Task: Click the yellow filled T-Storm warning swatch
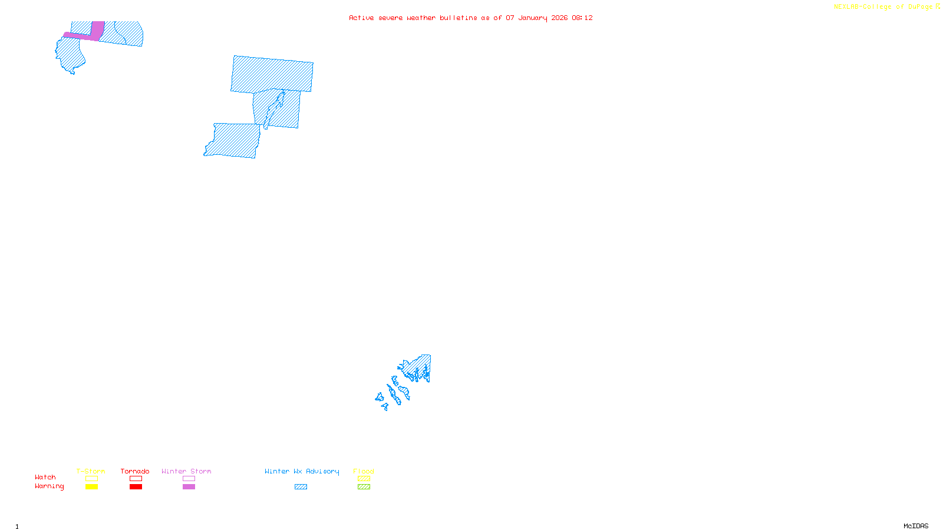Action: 91,487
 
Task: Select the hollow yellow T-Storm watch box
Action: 91,479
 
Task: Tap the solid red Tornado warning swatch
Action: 136,487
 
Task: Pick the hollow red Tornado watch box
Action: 136,479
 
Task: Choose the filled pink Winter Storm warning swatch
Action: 189,487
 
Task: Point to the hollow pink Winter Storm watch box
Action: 189,479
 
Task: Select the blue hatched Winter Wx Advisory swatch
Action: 301,487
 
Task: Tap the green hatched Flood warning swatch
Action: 364,487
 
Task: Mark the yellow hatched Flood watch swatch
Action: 364,479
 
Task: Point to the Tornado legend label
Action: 135,471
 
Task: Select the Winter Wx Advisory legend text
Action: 302,471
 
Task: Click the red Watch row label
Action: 45,477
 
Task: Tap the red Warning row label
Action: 49,486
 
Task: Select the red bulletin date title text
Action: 470,18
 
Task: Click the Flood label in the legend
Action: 364,471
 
